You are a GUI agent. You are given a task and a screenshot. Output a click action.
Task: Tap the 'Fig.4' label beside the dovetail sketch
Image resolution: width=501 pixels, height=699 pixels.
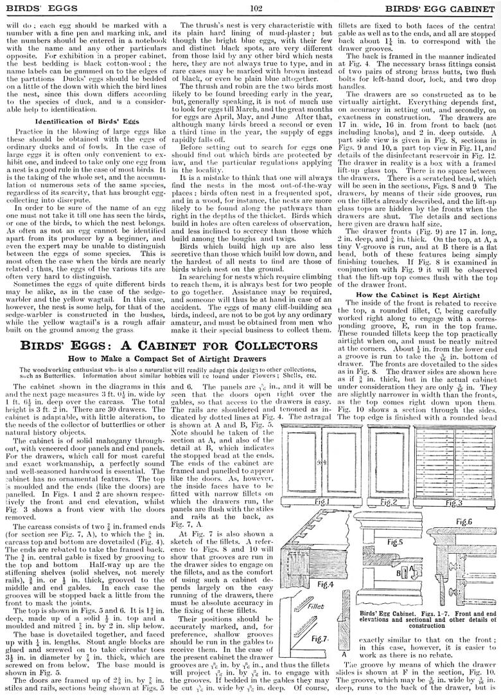[326, 584]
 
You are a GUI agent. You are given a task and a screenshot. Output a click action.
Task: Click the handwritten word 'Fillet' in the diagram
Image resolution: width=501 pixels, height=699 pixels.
[318, 605]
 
